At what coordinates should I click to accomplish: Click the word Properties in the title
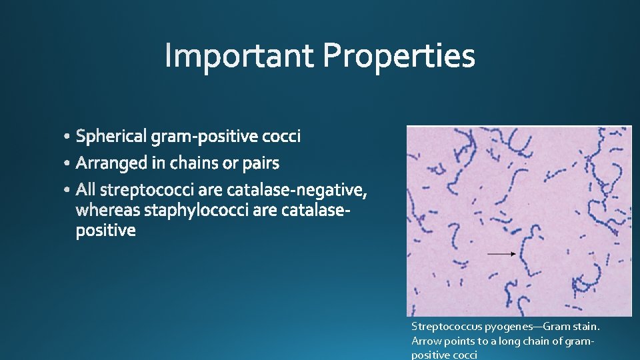pyautogui.click(x=399, y=57)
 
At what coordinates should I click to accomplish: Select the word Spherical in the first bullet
pyautogui.click(x=112, y=137)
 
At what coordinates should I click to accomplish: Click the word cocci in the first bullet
pyautogui.click(x=281, y=137)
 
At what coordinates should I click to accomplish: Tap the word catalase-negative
pyautogui.click(x=297, y=191)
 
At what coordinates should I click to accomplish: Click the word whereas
pyautogui.click(x=108, y=211)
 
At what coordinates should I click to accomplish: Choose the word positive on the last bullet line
pyautogui.click(x=106, y=231)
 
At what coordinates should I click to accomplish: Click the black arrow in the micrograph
pyautogui.click(x=501, y=253)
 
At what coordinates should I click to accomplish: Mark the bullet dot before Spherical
pyautogui.click(x=69, y=137)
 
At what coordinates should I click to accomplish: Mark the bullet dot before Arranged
pyautogui.click(x=69, y=164)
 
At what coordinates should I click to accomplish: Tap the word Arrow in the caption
pyautogui.click(x=425, y=341)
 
